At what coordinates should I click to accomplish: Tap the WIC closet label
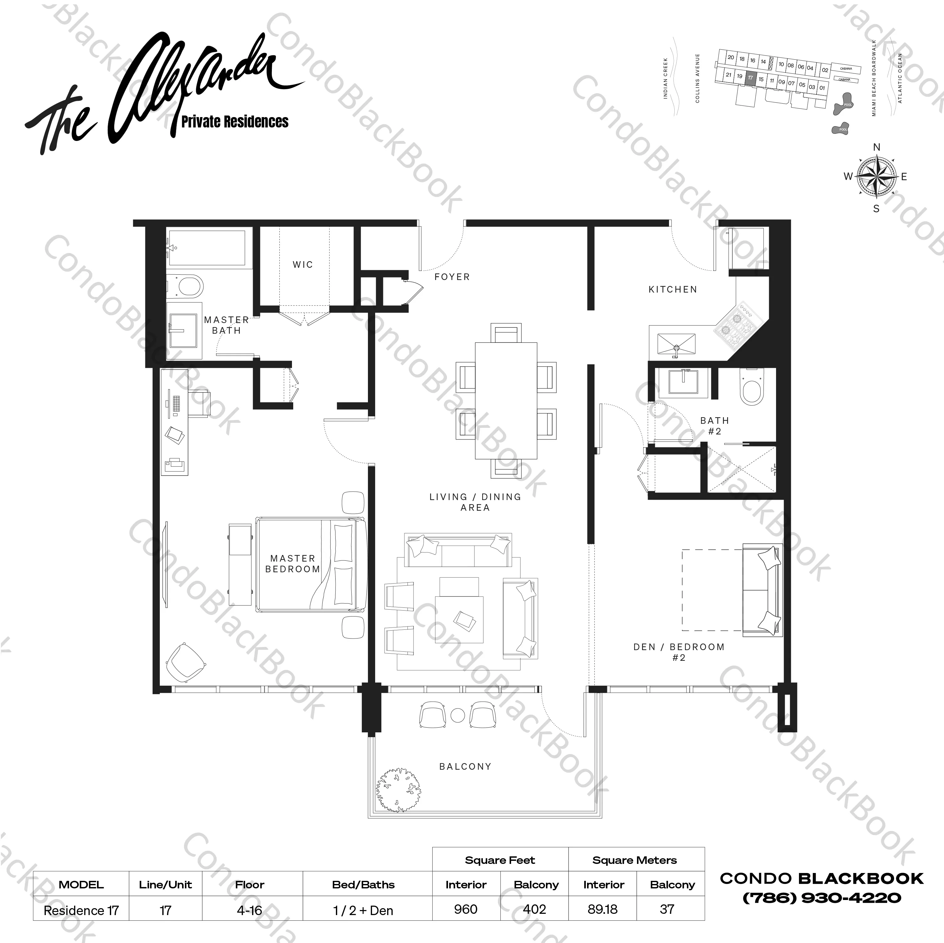pos(302,265)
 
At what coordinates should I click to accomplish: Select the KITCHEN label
pos(672,290)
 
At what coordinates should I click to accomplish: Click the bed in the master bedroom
pos(311,565)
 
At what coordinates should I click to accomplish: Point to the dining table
pos(506,401)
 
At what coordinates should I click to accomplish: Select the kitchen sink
pos(676,344)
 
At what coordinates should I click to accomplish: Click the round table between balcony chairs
pos(457,715)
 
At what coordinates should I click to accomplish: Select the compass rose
pos(877,176)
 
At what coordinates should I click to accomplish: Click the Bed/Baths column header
pos(363,884)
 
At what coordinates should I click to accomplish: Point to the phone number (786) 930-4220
pos(821,897)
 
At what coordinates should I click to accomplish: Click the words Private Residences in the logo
pos(235,122)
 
